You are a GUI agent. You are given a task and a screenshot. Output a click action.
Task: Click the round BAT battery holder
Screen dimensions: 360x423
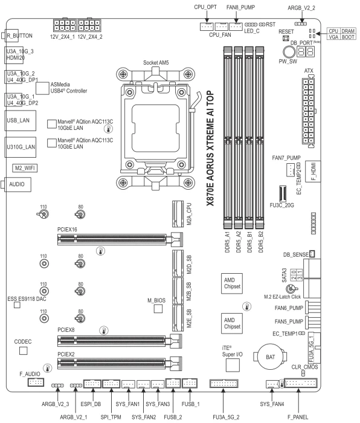pyautogui.click(x=271, y=357)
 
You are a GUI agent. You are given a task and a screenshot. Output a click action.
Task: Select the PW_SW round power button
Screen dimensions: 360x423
pyautogui.click(x=289, y=51)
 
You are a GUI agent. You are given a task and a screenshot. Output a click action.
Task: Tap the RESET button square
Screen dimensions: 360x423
pyautogui.click(x=286, y=38)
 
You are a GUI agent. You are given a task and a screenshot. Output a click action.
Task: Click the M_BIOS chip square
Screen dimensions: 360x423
pyautogui.click(x=158, y=309)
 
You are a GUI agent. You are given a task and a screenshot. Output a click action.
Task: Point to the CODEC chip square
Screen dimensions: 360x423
pyautogui.click(x=24, y=350)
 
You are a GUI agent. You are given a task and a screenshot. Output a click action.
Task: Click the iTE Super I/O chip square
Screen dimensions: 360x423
pyautogui.click(x=232, y=365)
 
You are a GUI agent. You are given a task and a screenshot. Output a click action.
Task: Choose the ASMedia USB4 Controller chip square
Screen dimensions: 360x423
pyautogui.click(x=42, y=88)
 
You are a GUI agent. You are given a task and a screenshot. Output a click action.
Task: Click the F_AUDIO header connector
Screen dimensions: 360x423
pyautogui.click(x=36, y=382)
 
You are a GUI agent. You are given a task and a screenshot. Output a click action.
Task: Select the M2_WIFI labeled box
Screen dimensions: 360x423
pyautogui.click(x=25, y=168)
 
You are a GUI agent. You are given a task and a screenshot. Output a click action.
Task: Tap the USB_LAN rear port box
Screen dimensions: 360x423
pyautogui.click(x=20, y=121)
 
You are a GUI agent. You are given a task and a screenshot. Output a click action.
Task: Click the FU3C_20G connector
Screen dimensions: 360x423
pyautogui.click(x=282, y=194)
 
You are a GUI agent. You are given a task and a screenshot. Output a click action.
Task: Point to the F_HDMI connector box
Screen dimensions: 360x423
pyautogui.click(x=313, y=171)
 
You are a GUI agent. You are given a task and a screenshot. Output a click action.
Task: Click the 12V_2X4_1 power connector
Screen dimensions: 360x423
pyautogui.click(x=65, y=25)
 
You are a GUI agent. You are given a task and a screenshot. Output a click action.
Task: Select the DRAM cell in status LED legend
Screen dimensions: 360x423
pyautogui.click(x=348, y=31)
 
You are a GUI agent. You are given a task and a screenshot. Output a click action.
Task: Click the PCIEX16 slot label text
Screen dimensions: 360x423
pyautogui.click(x=67, y=229)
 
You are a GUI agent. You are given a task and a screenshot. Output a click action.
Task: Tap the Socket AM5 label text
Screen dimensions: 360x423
pyautogui.click(x=156, y=63)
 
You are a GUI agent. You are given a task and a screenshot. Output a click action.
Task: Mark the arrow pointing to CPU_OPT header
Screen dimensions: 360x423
pyautogui.click(x=207, y=17)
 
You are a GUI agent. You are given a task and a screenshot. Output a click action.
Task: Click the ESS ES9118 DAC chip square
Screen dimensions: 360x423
pyautogui.click(x=17, y=305)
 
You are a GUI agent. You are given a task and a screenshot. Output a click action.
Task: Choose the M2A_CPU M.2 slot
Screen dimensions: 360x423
pyautogui.click(x=178, y=214)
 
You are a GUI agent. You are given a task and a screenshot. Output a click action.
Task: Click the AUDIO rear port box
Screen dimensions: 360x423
pyautogui.click(x=18, y=184)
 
